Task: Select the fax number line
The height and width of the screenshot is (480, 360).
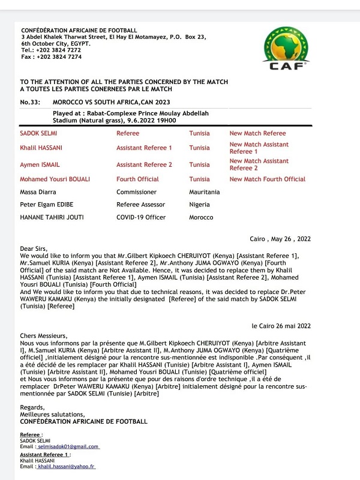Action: point(51,57)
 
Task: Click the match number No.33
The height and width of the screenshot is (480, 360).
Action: point(30,103)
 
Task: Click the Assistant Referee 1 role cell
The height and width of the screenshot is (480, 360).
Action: point(144,148)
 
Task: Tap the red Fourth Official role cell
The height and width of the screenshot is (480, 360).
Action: point(137,179)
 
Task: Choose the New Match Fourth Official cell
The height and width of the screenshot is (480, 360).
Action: point(267,179)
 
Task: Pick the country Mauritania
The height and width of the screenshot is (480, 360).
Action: point(204,192)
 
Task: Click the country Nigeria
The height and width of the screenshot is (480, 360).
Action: point(200,205)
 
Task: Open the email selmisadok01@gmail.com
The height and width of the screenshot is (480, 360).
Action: point(68,446)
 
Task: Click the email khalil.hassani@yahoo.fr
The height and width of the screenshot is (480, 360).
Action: point(67,466)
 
